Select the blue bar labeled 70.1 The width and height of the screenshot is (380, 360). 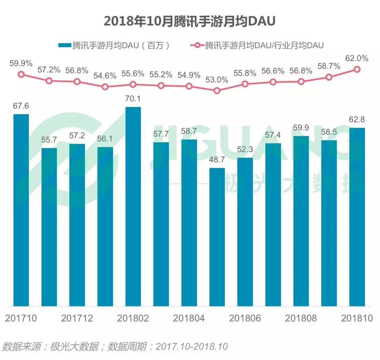(133, 206)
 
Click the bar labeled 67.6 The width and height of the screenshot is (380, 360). (21, 210)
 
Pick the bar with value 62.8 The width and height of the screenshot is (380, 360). (357, 217)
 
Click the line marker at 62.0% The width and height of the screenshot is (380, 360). (357, 69)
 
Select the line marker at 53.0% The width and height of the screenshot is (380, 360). (217, 91)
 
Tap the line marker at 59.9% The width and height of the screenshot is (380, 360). (21, 74)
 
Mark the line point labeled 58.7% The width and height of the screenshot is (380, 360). (329, 77)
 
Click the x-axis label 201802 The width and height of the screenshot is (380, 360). (133, 318)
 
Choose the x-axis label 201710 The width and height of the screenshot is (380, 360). (21, 318)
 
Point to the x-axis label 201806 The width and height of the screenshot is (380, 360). (245, 318)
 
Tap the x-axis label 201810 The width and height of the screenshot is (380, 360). (357, 318)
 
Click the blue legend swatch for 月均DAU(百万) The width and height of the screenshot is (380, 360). (64, 45)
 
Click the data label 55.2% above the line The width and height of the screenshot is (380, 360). (161, 75)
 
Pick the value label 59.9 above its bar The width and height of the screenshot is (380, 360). (301, 128)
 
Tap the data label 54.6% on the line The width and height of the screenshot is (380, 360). (105, 76)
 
